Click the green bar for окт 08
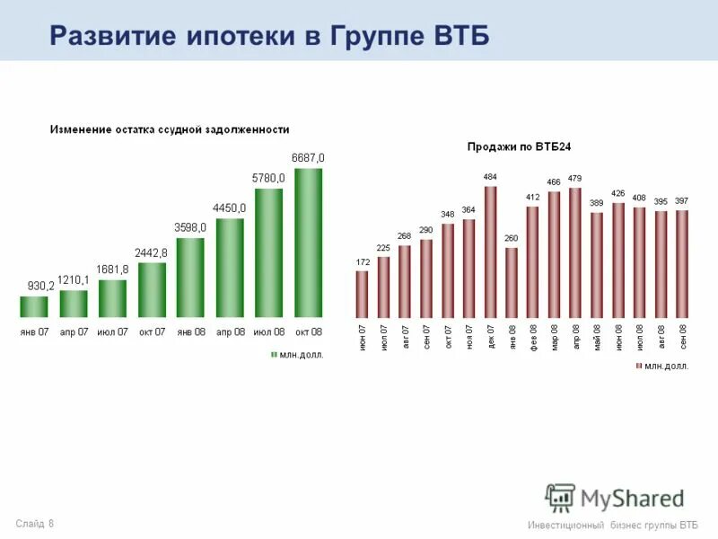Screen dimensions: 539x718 pos(308,243)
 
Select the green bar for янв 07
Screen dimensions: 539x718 pos(34,306)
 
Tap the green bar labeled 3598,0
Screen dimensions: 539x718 pos(190,277)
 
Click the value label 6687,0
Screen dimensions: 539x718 pos(308,158)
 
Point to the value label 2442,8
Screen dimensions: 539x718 pos(152,252)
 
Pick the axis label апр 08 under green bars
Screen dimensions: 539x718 pos(229,331)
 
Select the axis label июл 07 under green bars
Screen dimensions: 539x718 pos(112,331)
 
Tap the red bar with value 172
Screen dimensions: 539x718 pos(362,294)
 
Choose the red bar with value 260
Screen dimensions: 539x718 pos(512,283)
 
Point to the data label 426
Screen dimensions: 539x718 pos(617,193)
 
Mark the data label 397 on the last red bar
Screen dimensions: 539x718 pos(682,200)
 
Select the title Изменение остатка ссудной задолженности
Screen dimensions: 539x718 pos(169,129)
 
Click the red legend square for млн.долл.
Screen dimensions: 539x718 pos(639,367)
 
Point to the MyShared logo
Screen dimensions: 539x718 pos(615,497)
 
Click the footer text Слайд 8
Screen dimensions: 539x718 pos(34,523)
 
